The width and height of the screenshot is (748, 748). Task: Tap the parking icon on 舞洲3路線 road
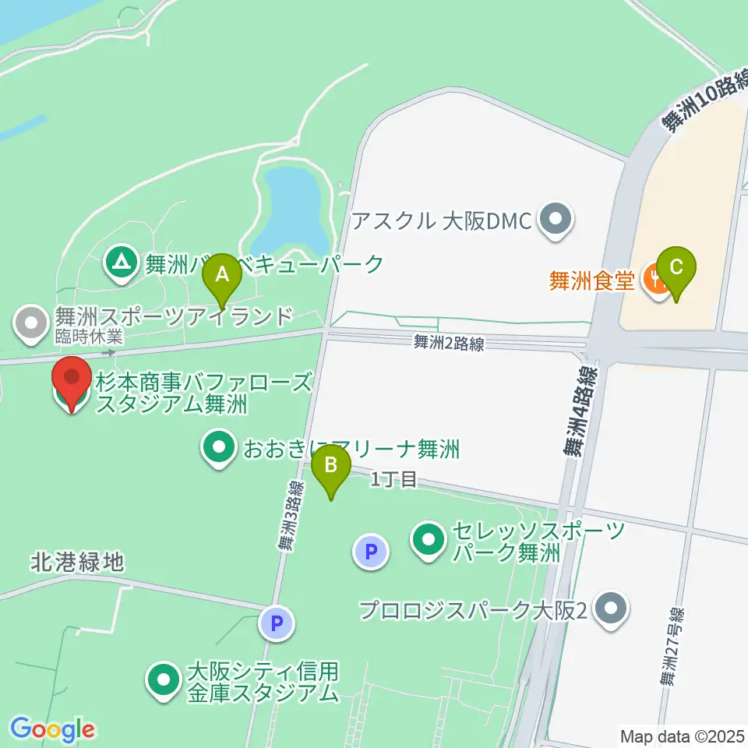276,623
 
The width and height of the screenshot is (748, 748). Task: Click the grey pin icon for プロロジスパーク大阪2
611,609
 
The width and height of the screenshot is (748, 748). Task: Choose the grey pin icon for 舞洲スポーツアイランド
32,324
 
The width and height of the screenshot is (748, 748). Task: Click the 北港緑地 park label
78,562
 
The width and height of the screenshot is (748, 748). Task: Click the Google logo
51,729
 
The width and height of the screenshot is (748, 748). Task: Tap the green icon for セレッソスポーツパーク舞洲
429,540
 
